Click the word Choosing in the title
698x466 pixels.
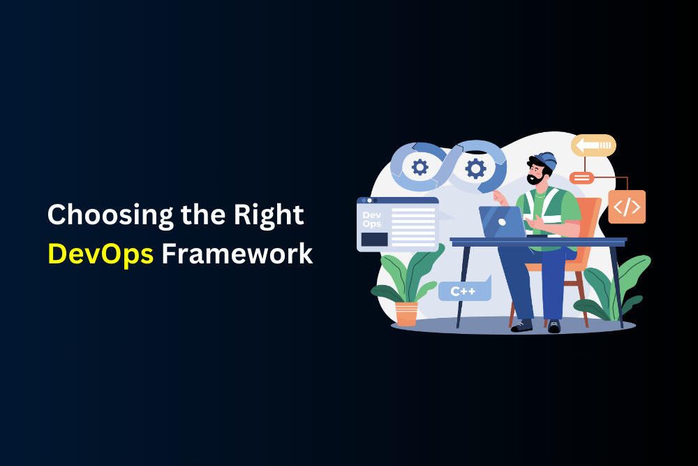110,216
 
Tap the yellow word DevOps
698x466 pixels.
101,254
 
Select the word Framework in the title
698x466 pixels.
237,254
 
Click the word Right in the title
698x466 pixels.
269,216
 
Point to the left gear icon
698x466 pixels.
419,168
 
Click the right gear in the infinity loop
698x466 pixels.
475,169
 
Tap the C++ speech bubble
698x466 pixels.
465,289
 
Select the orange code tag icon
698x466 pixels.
627,207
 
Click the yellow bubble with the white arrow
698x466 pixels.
593,145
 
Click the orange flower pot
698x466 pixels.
406,314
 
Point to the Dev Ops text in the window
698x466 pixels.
372,219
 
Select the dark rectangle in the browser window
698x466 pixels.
374,239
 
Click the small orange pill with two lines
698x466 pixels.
581,177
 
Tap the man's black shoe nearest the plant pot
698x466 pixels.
521,326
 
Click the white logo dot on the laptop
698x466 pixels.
502,222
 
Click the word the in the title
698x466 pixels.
203,215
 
